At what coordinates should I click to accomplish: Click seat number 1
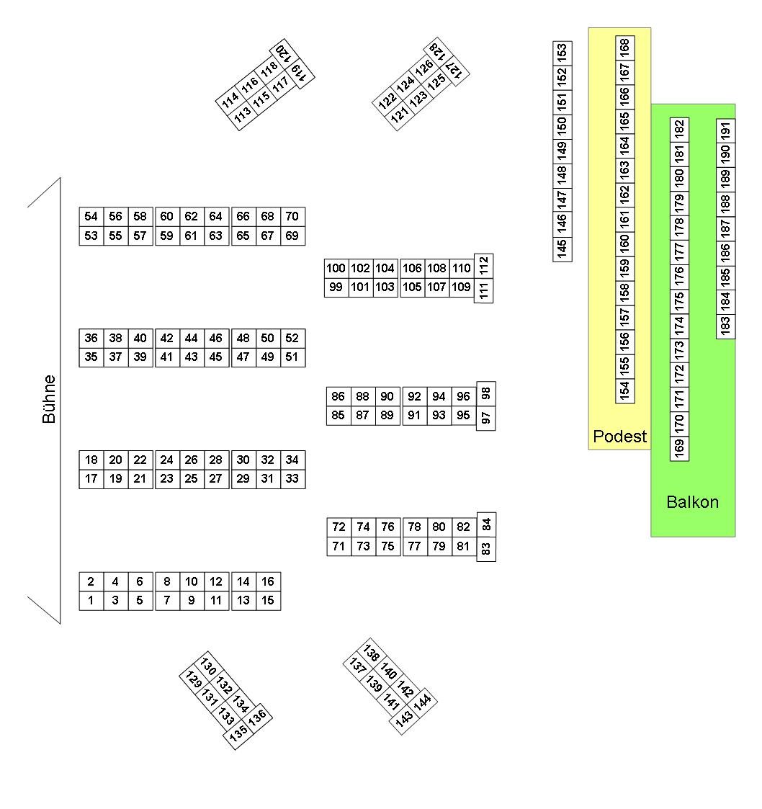91,600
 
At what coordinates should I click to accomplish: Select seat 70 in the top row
292,216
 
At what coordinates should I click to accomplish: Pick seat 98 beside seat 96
486,393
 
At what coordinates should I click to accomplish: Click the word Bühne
49,398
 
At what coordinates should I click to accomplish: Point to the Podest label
619,436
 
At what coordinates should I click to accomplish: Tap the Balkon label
692,502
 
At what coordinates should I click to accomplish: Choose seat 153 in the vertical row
562,52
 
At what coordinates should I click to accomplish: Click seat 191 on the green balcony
725,130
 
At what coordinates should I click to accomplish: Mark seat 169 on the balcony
678,447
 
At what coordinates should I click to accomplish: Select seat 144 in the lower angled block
423,700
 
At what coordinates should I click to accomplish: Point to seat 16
267,581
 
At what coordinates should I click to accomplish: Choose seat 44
191,338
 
